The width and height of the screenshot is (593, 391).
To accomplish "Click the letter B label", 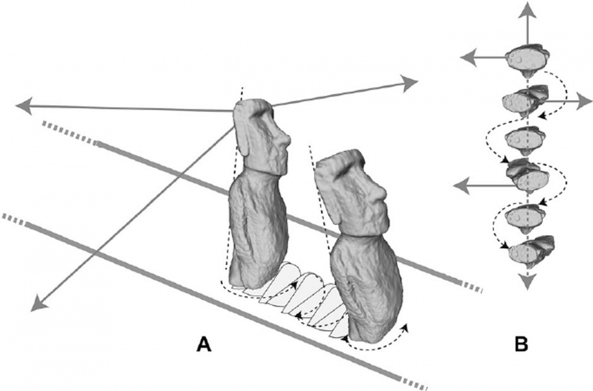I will (x=522, y=344).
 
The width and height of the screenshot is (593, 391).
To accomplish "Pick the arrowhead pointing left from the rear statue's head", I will (x=23, y=106).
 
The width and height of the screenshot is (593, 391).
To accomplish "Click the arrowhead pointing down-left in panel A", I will (x=37, y=303).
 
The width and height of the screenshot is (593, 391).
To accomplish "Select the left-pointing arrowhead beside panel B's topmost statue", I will (x=468, y=57).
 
